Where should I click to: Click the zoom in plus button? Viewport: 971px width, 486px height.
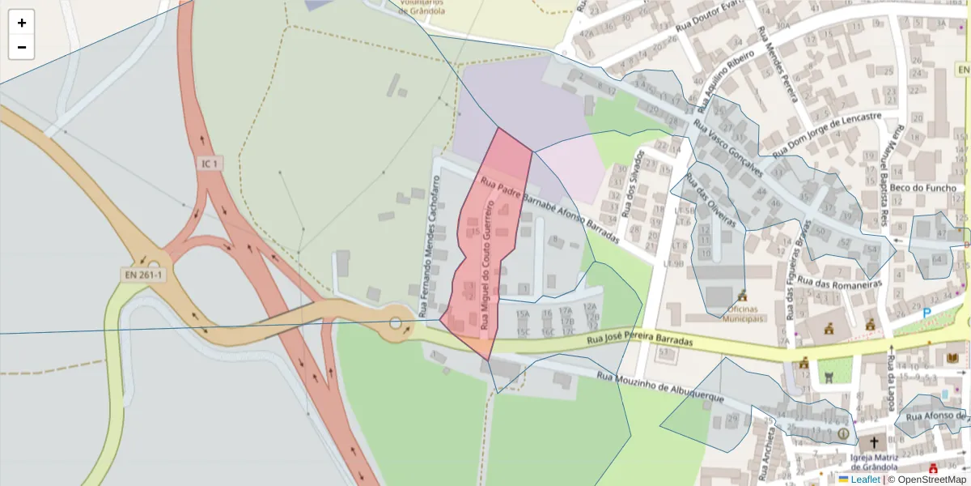pos(22,23)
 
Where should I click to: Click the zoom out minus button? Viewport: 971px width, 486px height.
pos(22,47)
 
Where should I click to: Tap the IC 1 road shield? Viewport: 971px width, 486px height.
pos(210,164)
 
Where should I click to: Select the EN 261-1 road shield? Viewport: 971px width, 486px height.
pos(144,275)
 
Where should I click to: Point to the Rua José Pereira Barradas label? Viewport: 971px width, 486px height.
pos(640,338)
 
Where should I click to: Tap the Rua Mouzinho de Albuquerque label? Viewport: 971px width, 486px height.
pos(659,387)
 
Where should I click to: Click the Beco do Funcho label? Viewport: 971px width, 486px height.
pos(922,188)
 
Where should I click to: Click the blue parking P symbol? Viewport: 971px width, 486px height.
pos(926,313)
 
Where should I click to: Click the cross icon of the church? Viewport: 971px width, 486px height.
pos(873,443)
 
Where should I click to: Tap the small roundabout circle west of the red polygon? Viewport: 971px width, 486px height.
pos(396,324)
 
